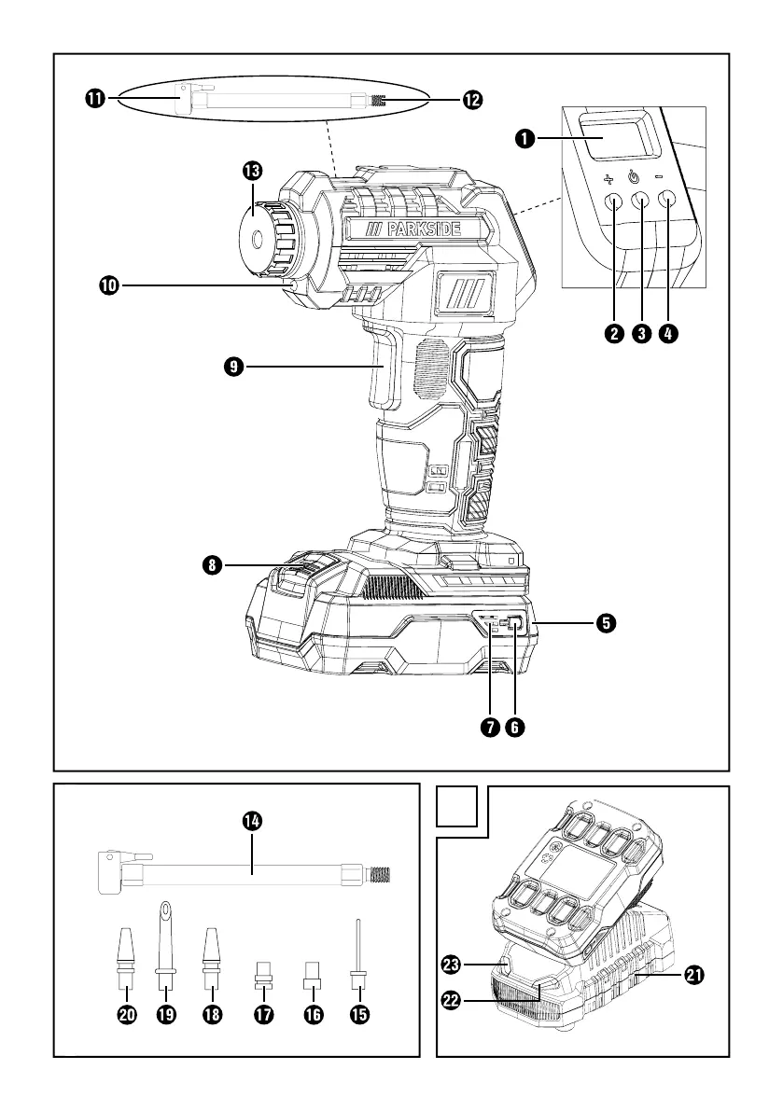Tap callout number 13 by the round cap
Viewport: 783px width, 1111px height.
(x=251, y=171)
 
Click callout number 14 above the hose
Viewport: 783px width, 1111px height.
(x=251, y=820)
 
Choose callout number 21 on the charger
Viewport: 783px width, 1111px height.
(x=692, y=975)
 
